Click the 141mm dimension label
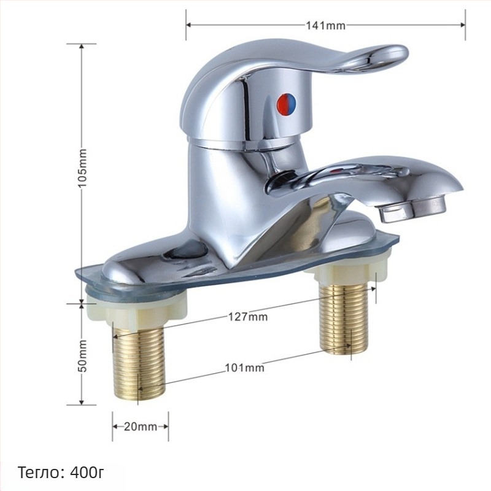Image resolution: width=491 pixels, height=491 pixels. (x=326, y=25)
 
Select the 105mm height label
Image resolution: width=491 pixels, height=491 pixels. (x=82, y=168)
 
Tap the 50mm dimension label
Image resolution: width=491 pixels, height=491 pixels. (x=82, y=356)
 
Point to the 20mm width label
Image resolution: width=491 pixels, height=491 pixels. (x=141, y=427)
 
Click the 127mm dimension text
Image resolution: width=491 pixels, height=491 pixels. (x=248, y=317)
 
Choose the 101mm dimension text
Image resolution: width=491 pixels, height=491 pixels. (x=244, y=367)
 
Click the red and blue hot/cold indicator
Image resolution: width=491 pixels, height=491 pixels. (x=287, y=103)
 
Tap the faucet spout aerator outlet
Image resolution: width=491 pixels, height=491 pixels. (x=412, y=208)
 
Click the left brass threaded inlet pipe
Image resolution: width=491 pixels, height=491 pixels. (x=139, y=361)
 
